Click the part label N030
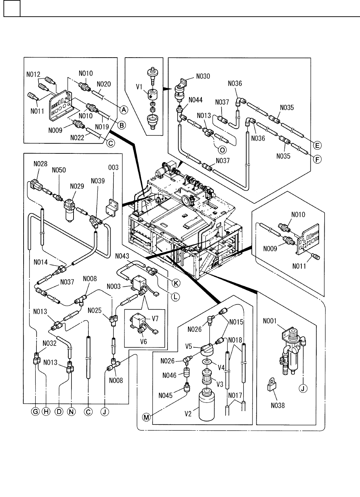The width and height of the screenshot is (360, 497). pos(203,76)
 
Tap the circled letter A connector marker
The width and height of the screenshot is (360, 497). pos(123,110)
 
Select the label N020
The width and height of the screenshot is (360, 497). pos(104,84)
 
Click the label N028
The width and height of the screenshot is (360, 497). pos(41,163)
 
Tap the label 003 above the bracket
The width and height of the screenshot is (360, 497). pos(113,168)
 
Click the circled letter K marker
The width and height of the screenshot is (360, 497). pos(177,283)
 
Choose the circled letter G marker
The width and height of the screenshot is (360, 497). pos(35,412)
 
